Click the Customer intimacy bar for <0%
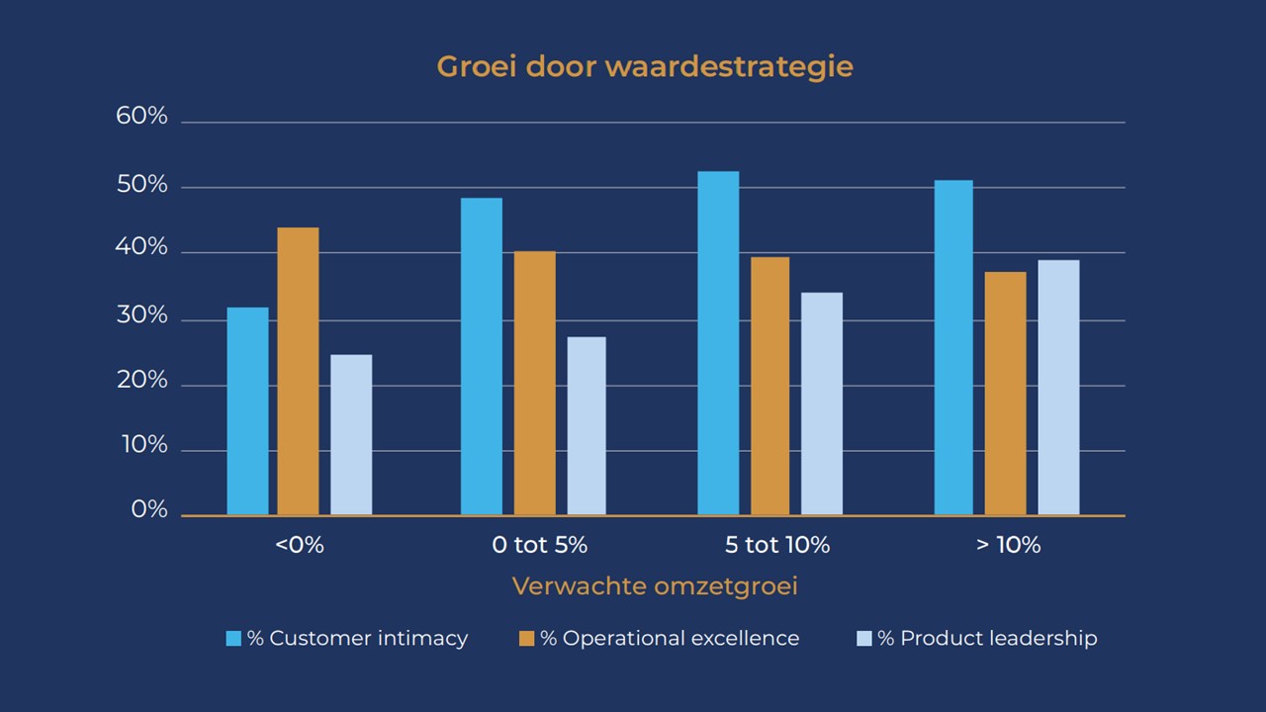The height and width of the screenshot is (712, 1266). pos(247,411)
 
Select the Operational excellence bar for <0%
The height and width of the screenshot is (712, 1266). pos(298,372)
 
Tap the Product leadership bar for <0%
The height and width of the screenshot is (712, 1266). pos(351,435)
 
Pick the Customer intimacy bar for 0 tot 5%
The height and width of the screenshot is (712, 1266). pos(482,357)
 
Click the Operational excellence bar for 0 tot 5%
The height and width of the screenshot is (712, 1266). pos(535,384)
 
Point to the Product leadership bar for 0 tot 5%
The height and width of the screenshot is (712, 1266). pos(587,426)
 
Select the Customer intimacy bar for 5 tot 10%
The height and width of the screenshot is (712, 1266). pos(718,343)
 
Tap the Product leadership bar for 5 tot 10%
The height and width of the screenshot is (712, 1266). pos(822,403)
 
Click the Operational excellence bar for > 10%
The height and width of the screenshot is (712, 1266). pos(1006,394)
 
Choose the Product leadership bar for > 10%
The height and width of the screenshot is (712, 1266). pos(1058,388)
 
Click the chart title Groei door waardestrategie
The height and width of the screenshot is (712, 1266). pos(645,67)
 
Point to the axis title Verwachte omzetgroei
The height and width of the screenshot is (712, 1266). pos(655,586)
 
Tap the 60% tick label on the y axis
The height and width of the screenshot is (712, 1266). pos(142,117)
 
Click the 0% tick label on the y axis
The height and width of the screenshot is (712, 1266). pos(149,510)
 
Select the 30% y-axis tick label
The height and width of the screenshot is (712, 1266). pos(142,316)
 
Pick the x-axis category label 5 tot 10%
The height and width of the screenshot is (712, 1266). pos(777,545)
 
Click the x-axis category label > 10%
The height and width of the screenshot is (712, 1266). pos(1009,545)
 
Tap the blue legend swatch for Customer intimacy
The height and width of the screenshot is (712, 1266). pos(233,639)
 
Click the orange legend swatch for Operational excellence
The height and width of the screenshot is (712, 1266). pos(526,639)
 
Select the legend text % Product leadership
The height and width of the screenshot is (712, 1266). pos(987,639)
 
